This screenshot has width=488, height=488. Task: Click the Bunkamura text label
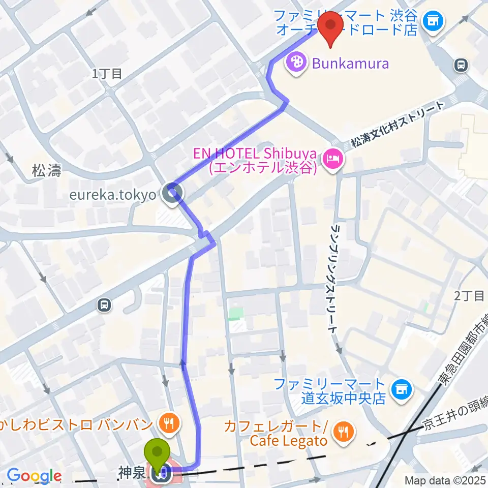pos(350,64)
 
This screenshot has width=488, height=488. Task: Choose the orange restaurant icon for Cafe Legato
pos(344,432)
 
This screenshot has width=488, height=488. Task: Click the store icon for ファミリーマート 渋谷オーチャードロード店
pos(433,21)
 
